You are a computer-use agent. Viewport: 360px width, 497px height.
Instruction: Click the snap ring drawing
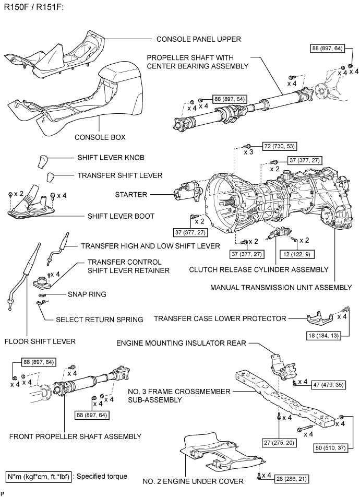click(x=42, y=295)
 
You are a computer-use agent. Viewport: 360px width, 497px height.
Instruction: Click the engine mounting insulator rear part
click(x=280, y=368)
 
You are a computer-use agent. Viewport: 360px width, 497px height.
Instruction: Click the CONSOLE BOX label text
click(x=100, y=138)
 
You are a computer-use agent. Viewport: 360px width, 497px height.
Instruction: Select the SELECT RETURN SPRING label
click(x=99, y=319)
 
